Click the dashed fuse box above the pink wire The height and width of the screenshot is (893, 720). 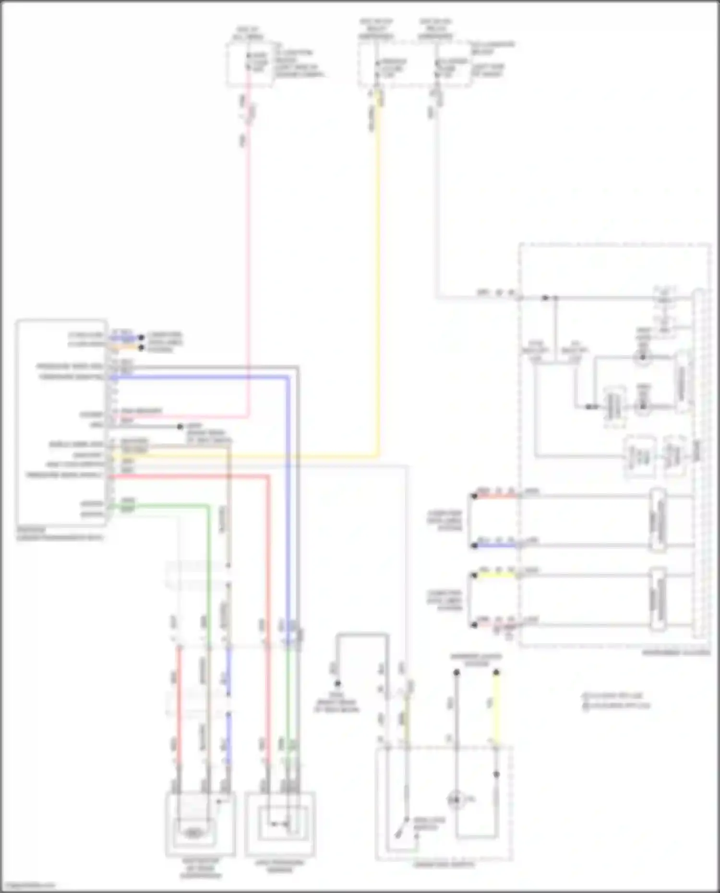click(x=250, y=65)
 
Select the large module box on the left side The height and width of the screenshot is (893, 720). click(x=61, y=422)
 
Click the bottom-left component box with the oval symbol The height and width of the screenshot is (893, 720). click(x=200, y=823)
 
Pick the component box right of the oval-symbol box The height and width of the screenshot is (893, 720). click(x=280, y=823)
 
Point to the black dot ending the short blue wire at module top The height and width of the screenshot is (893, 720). click(x=141, y=338)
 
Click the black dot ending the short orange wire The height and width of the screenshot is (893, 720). click(x=141, y=347)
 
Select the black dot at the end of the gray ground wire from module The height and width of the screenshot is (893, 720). click(x=180, y=427)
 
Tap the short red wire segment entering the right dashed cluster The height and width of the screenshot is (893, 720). click(x=494, y=496)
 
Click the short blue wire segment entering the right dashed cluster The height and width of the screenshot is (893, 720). click(x=494, y=546)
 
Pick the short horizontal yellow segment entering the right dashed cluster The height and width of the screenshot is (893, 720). click(x=494, y=574)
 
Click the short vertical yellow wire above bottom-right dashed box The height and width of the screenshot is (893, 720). click(x=496, y=705)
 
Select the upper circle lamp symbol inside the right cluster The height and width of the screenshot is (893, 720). click(x=642, y=357)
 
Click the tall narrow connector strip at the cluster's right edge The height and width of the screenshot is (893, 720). click(x=699, y=463)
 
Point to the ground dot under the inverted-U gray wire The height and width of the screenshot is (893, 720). click(x=337, y=683)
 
